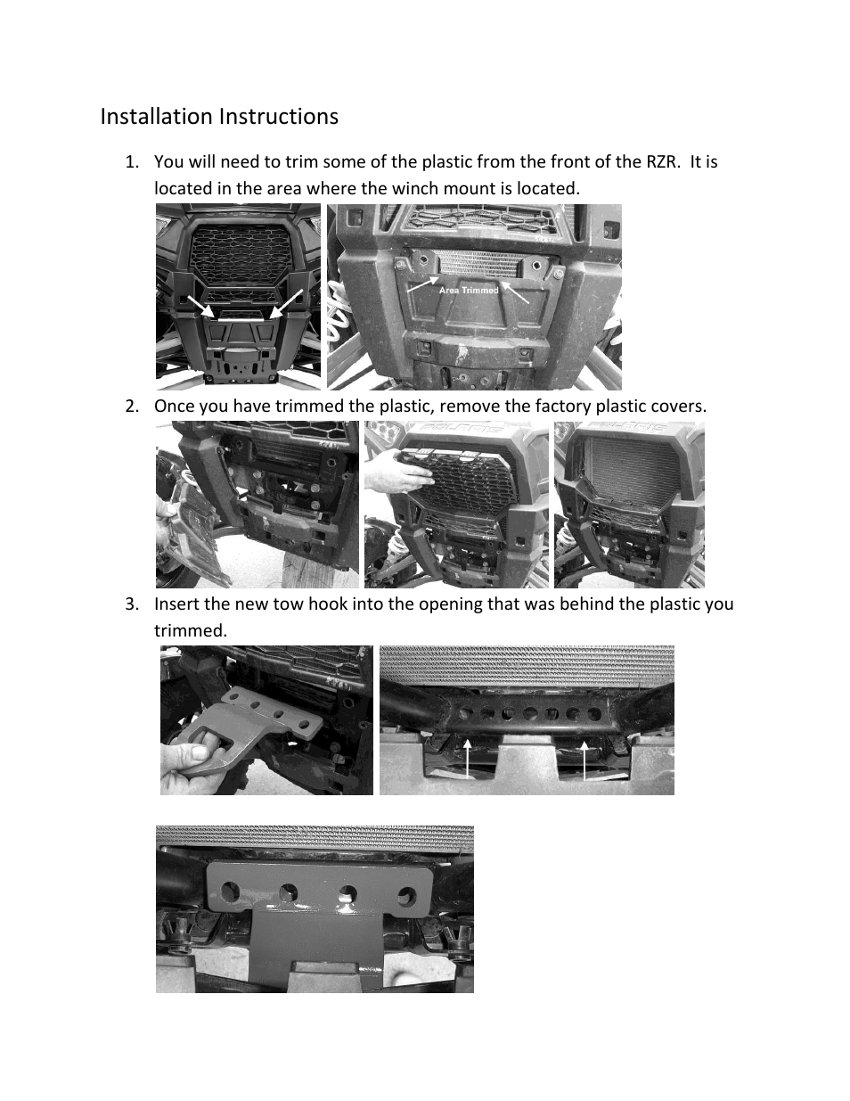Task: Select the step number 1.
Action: tap(131, 162)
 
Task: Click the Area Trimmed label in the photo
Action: tap(469, 291)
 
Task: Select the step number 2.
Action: tap(131, 407)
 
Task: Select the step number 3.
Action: tap(131, 604)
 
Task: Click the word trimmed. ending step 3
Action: tap(190, 631)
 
